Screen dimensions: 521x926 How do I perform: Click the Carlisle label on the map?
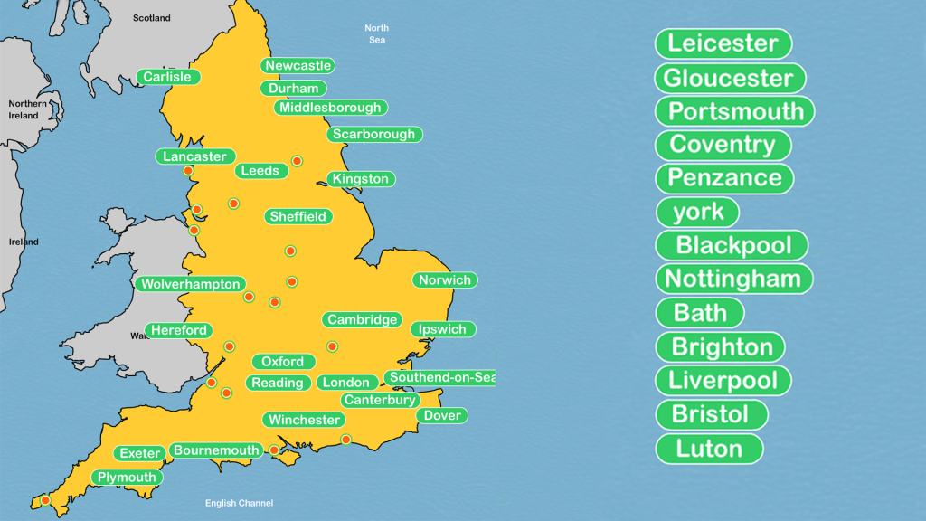pos(168,77)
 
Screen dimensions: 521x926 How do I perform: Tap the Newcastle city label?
pos(298,65)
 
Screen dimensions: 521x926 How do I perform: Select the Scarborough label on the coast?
pos(373,134)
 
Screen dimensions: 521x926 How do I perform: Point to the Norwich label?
pos(444,279)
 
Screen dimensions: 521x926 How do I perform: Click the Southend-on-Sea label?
pos(440,377)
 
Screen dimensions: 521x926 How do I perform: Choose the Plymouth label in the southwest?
pos(127,477)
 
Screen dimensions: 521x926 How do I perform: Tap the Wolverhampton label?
pos(191,284)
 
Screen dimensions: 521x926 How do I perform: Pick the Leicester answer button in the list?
pos(723,43)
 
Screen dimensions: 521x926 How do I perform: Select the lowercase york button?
pos(697,212)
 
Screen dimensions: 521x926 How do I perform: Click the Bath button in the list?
pos(700,313)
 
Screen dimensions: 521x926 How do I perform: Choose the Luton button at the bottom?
pos(709,449)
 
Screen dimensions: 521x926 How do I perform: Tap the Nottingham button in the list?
pos(733,279)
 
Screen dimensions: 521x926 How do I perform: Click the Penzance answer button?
pos(724,178)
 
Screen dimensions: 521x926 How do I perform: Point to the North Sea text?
pos(377,34)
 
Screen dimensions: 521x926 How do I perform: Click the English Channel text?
pos(239,503)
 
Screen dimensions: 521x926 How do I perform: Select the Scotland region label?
pos(151,18)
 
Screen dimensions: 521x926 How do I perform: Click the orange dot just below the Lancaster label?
pos(188,170)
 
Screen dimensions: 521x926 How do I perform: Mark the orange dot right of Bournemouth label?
pos(275,450)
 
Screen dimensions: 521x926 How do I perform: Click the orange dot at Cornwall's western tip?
pos(45,499)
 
